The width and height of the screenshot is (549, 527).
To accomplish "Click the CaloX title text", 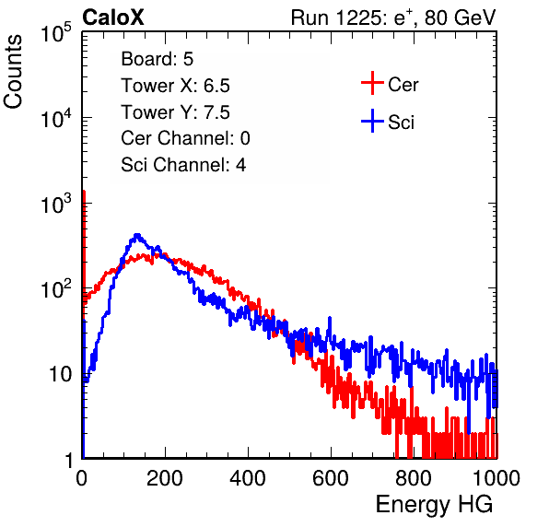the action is pyautogui.click(x=113, y=18).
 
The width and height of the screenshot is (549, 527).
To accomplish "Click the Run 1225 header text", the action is pyautogui.click(x=393, y=18).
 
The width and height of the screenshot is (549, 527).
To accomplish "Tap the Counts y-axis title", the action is pyautogui.click(x=13, y=72).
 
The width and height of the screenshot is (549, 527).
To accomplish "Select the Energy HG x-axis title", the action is pyautogui.click(x=434, y=505).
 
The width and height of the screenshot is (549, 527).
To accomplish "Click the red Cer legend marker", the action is pyautogui.click(x=372, y=83).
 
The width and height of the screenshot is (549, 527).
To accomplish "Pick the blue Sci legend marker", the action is pyautogui.click(x=372, y=121).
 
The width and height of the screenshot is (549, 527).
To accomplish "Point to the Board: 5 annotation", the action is pyautogui.click(x=157, y=59).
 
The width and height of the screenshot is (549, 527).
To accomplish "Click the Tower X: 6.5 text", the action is pyautogui.click(x=175, y=86).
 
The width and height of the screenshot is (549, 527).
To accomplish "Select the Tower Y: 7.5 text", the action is pyautogui.click(x=175, y=112).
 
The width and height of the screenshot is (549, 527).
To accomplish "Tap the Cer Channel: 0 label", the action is pyautogui.click(x=185, y=138).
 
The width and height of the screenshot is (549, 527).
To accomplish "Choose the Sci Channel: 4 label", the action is pyautogui.click(x=183, y=165).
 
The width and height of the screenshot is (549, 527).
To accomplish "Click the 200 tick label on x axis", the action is pyautogui.click(x=165, y=478).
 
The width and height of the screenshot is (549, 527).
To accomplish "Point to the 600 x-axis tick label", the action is pyautogui.click(x=331, y=478).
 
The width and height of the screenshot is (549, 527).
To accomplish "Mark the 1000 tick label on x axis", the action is pyautogui.click(x=496, y=478).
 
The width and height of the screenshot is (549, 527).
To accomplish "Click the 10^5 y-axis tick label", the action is pyautogui.click(x=56, y=33).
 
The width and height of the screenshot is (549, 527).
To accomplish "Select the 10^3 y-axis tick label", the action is pyautogui.click(x=56, y=204).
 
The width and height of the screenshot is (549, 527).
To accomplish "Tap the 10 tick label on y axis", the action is pyautogui.click(x=61, y=375).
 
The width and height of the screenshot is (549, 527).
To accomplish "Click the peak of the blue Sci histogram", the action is pyautogui.click(x=137, y=235).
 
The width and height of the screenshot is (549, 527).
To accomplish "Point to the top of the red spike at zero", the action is pyautogui.click(x=84, y=192).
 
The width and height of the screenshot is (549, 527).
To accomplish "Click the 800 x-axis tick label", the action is pyautogui.click(x=414, y=478).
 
